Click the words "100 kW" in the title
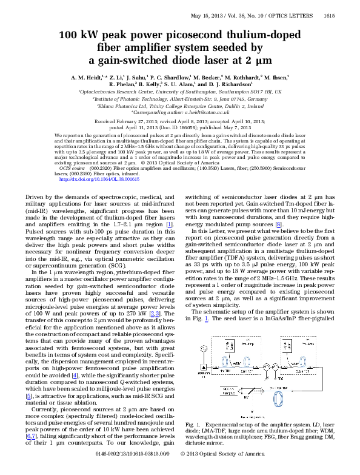point(78,35)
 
